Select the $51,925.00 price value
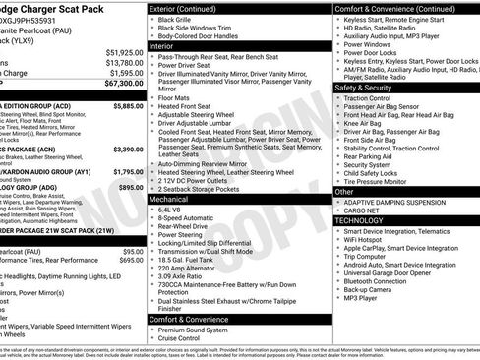124,51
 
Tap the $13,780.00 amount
124,62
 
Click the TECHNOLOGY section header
361,221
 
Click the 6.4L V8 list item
169,210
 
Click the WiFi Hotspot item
366,239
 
